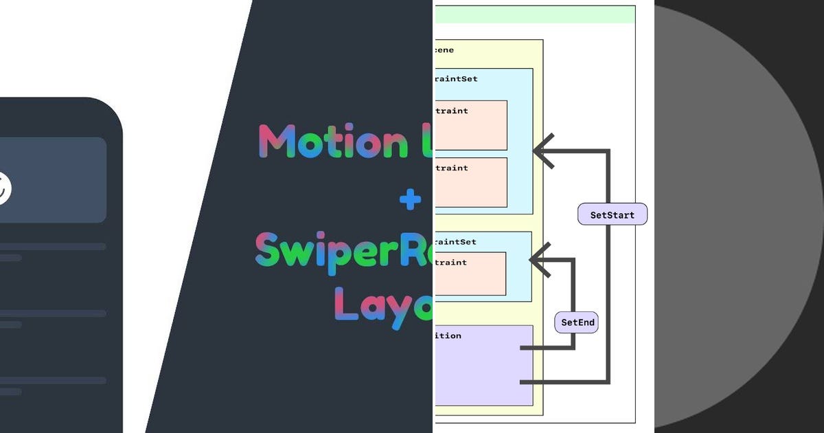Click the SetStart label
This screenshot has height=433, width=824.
(x=613, y=215)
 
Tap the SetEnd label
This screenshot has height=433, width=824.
(x=577, y=322)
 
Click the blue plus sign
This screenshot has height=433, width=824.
(x=411, y=200)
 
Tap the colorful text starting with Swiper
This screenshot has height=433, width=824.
(x=343, y=250)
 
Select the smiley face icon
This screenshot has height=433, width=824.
(x=3, y=187)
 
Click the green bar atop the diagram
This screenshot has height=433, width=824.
(x=535, y=14)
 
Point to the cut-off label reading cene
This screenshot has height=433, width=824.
(x=444, y=50)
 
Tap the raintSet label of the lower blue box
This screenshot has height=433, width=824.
(x=455, y=242)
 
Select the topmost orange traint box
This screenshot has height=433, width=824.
(x=471, y=126)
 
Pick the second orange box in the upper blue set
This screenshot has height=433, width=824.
(x=471, y=183)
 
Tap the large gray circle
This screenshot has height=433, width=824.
(x=738, y=216)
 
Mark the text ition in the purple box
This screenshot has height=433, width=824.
(x=448, y=336)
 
